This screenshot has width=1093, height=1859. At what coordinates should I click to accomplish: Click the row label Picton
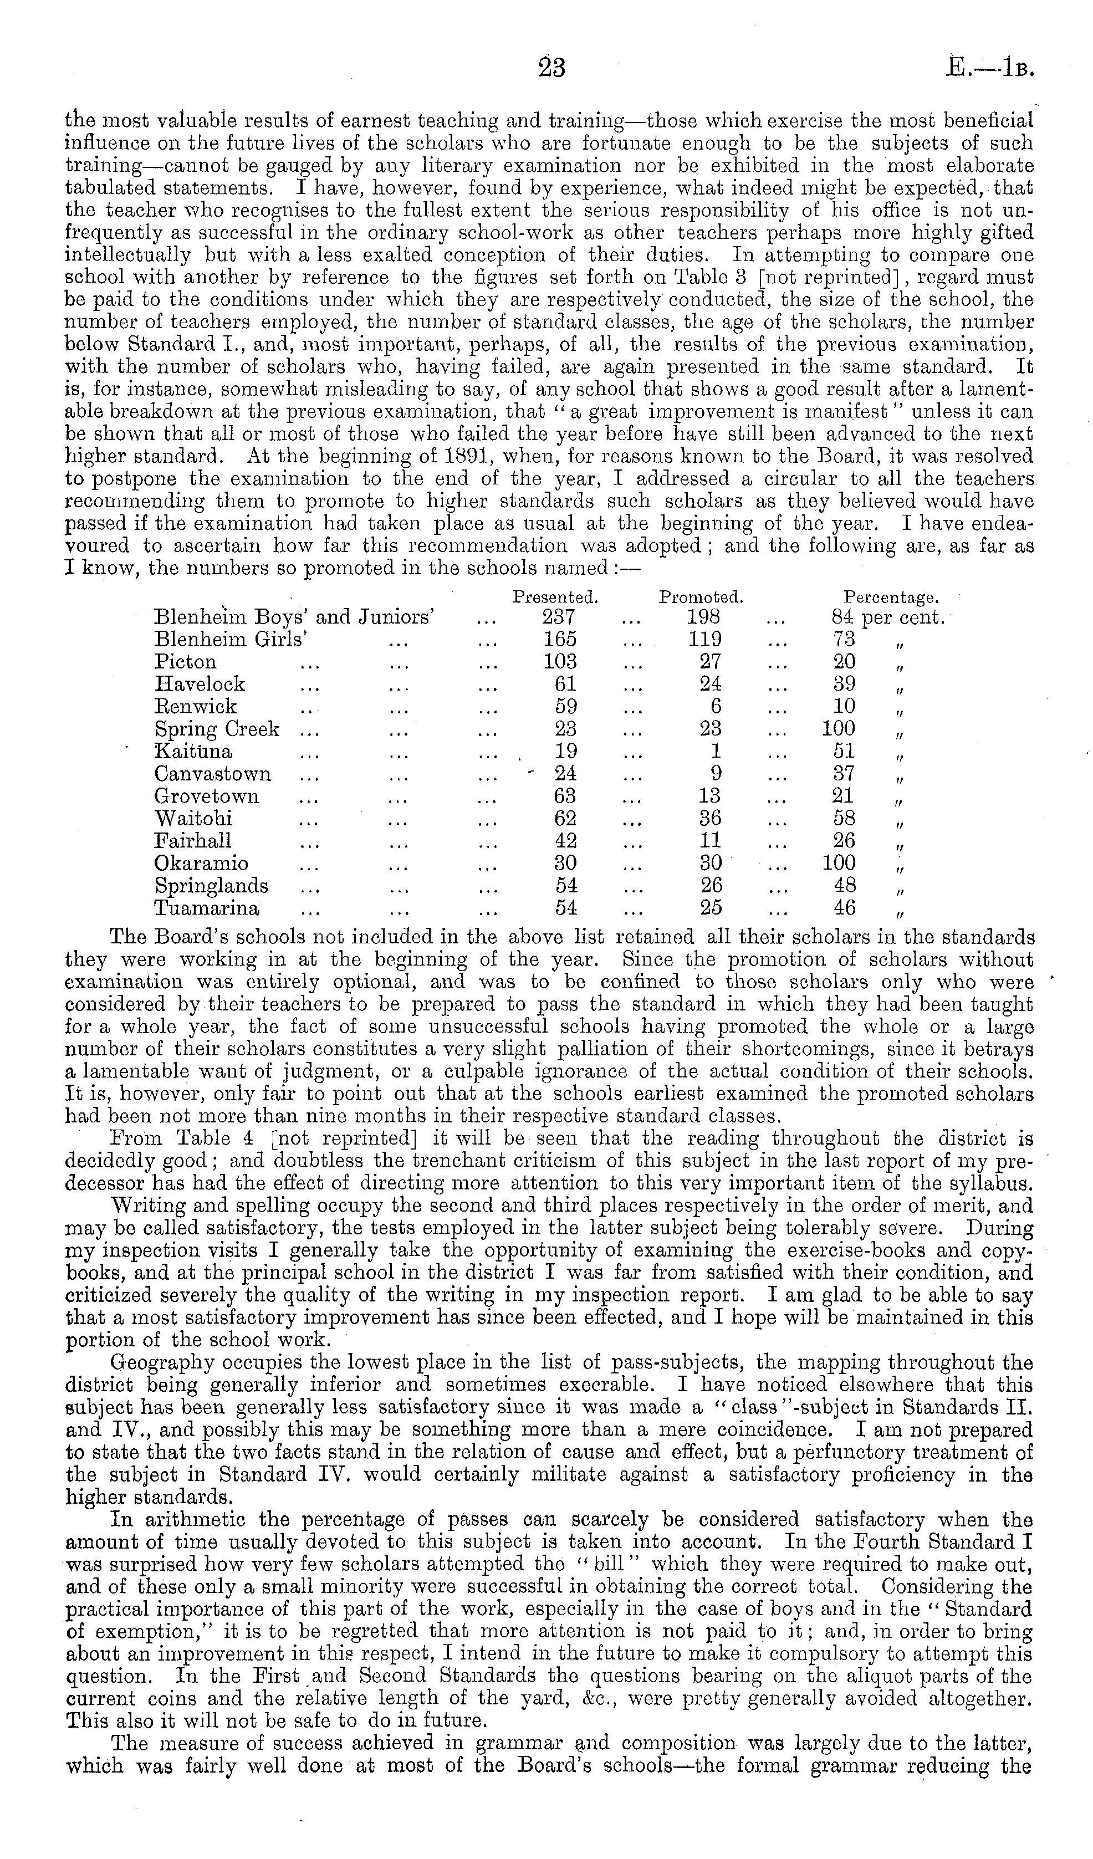click(185, 662)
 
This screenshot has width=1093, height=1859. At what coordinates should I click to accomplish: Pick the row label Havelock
click(199, 685)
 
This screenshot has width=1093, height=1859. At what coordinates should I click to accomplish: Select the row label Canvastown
click(212, 774)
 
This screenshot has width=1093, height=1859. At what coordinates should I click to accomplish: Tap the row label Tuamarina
click(207, 908)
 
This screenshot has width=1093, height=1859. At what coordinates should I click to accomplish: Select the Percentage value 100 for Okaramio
click(839, 863)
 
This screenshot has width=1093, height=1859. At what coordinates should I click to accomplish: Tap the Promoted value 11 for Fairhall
click(711, 841)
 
